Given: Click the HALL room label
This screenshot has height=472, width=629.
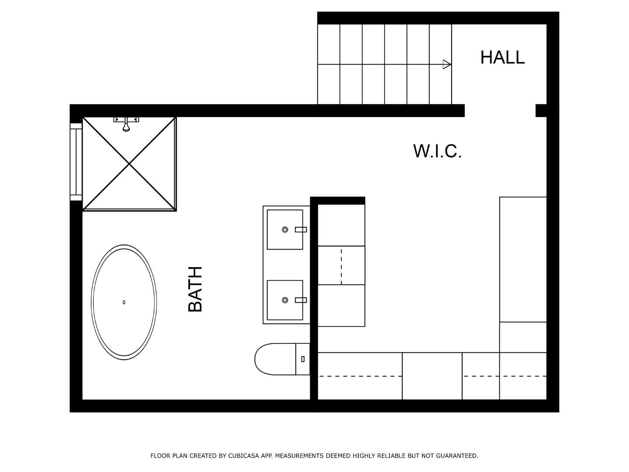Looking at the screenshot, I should [x=502, y=57].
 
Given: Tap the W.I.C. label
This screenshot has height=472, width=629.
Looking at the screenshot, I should [x=437, y=151].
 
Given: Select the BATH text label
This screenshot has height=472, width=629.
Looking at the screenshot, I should [x=195, y=289].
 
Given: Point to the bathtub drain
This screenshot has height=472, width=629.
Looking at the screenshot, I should [x=124, y=302].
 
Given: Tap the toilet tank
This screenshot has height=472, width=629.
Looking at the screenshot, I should [x=303, y=359].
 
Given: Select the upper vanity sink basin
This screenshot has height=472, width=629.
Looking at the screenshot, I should [x=285, y=229].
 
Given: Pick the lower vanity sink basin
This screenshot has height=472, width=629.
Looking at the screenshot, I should [x=285, y=300].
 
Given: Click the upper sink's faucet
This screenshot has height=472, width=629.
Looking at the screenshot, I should [x=301, y=229].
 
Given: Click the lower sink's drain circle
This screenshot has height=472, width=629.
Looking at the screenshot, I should [x=285, y=300].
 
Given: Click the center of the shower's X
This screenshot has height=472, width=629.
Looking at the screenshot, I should [x=129, y=163].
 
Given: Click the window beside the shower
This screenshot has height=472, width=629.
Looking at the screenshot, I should [x=76, y=162].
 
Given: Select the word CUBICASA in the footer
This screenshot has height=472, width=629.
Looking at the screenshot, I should [x=244, y=456].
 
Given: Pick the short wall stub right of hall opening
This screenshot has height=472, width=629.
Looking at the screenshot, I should [x=541, y=111].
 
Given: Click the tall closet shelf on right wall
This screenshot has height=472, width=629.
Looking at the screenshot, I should [x=523, y=259].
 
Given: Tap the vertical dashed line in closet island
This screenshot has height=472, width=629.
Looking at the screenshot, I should [x=341, y=265].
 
